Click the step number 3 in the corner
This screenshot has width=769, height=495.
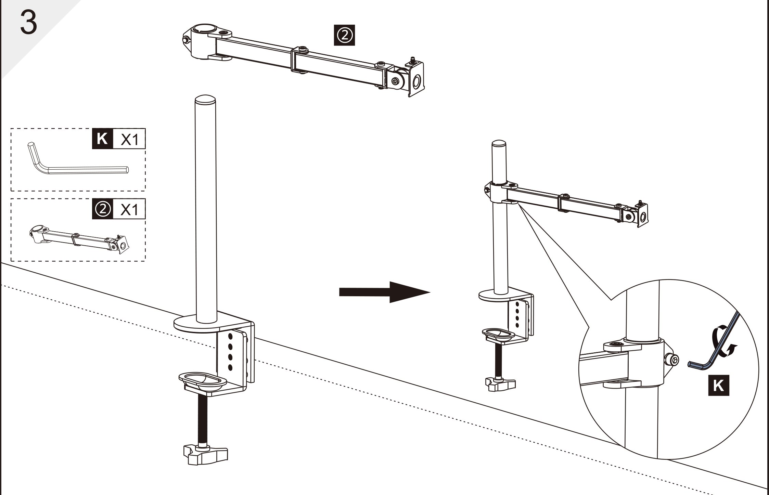click(x=29, y=22)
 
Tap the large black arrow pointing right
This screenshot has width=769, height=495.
click(x=384, y=292)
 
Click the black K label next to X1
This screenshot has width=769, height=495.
click(x=102, y=139)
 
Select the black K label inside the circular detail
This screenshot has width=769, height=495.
click(x=718, y=386)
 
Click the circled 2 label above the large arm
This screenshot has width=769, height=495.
click(x=344, y=35)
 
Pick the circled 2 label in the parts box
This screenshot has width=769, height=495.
click(x=102, y=209)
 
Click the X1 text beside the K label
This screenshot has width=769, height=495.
click(x=129, y=139)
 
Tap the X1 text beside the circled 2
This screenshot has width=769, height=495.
click(x=129, y=209)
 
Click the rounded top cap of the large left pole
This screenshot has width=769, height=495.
click(x=205, y=100)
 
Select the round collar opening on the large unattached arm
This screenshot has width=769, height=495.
click(x=204, y=29)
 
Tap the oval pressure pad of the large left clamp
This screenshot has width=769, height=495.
click(x=203, y=380)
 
